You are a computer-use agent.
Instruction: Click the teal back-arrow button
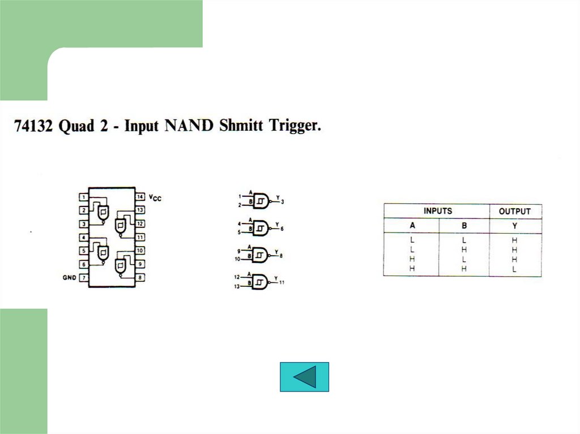[304, 377]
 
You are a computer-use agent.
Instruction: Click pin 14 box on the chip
[140, 197]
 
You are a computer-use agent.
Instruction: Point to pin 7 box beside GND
[83, 278]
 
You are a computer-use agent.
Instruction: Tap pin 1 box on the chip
[83, 197]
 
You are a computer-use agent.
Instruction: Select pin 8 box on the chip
[140, 278]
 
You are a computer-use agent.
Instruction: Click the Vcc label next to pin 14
[155, 198]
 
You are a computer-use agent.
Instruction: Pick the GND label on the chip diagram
[69, 278]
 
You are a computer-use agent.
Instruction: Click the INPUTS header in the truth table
[438, 211]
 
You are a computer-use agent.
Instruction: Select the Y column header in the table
[514, 226]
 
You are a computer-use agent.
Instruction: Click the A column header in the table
[412, 226]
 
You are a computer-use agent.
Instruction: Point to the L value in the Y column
[514, 269]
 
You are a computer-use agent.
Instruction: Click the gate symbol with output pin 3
[261, 200]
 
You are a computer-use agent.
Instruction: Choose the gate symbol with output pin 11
[261, 281]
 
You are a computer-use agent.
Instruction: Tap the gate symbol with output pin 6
[261, 228]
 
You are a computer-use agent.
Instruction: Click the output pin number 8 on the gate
[281, 256]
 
